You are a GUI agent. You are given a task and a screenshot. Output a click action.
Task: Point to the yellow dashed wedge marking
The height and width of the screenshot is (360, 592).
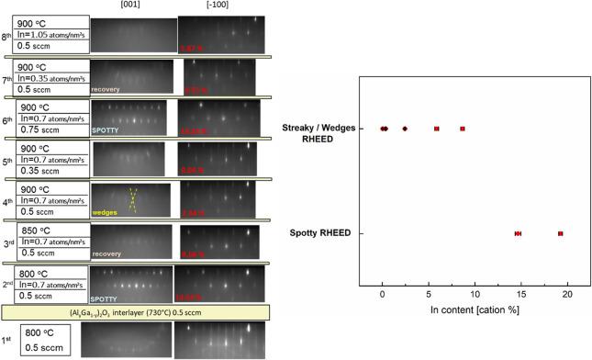pos(133,199)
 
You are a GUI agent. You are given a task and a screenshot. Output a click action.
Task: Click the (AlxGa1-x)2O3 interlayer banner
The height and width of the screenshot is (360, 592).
pos(135,312)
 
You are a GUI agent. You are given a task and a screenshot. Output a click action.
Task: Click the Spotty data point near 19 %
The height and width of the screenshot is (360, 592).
pos(560,234)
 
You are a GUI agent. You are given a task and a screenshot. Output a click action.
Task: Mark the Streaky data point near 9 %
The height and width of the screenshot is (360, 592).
pos(464,129)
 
